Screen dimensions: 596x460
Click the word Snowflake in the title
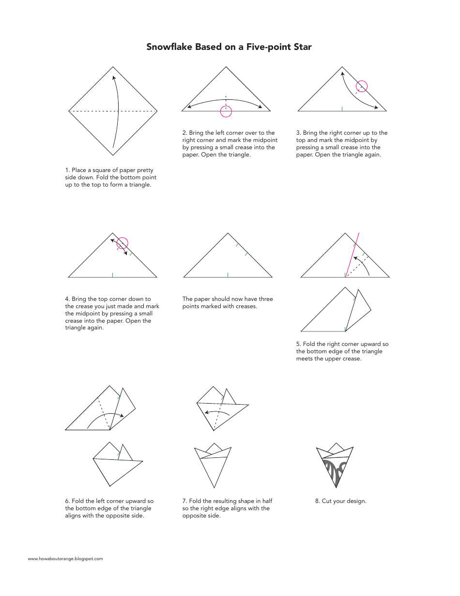169,47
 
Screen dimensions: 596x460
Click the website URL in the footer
65,559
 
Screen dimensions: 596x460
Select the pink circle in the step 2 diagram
226,111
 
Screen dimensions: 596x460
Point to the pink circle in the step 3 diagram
362,86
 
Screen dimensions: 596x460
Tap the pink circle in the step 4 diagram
123,243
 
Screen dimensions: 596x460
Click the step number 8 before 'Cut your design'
317,501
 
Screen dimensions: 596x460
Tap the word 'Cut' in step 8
327,501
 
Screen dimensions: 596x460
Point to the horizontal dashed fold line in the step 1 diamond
92,111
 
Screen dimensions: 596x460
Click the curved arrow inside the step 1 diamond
118,111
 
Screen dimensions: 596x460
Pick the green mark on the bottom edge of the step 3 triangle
342,109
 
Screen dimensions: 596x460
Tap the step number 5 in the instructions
298,344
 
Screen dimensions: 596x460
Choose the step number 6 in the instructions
67,501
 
